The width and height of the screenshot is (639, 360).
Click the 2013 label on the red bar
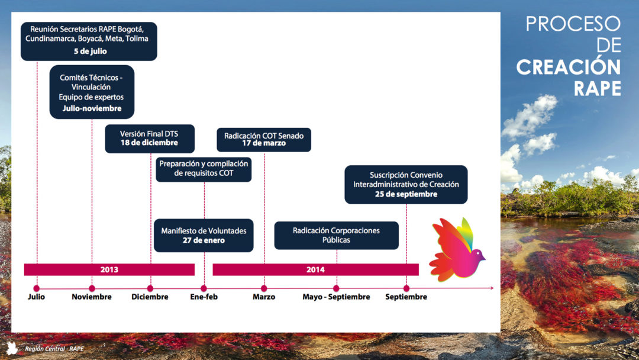click(109, 269)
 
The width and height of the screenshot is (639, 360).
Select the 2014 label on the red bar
click(315, 269)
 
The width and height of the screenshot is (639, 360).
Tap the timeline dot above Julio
click(36, 288)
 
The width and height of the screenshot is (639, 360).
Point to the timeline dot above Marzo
click(264, 288)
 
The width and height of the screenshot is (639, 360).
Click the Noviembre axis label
click(92, 297)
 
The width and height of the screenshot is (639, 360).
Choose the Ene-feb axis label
click(204, 297)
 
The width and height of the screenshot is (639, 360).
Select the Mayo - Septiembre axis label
click(336, 297)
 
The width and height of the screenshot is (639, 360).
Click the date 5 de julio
click(90, 52)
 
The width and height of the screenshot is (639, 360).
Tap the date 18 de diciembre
click(149, 143)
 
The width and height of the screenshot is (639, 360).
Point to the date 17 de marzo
click(264, 143)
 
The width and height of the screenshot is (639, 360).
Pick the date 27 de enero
click(204, 240)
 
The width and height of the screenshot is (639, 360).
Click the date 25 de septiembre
click(406, 194)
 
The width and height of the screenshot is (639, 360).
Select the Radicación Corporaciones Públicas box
click(336, 235)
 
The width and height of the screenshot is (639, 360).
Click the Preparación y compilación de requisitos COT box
click(204, 169)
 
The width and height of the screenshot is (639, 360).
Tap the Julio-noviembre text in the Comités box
click(92, 108)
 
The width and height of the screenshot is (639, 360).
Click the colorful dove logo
click(457, 249)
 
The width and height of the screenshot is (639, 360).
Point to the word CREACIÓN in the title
click(569, 67)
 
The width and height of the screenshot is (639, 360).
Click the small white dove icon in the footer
click(12, 348)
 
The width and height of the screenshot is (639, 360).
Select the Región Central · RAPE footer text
click(54, 349)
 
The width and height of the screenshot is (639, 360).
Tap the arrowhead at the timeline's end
click(492, 288)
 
